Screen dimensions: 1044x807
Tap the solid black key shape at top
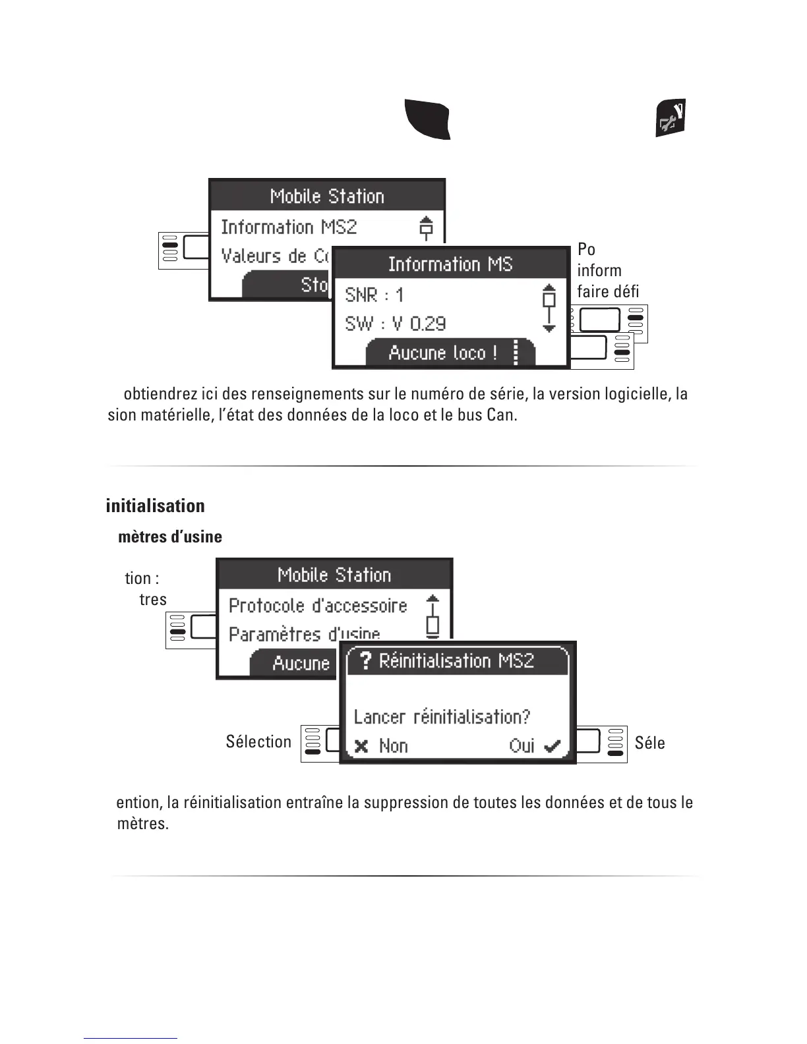click(x=427, y=119)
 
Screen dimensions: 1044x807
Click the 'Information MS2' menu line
click(x=289, y=227)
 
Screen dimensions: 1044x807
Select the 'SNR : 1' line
click(x=374, y=295)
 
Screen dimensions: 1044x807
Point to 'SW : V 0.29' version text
click(x=395, y=324)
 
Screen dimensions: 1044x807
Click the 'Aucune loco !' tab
click(x=442, y=353)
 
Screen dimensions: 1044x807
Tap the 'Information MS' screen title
click(x=450, y=264)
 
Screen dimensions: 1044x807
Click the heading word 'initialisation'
click(x=155, y=506)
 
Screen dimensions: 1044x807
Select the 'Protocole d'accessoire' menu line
click(x=318, y=606)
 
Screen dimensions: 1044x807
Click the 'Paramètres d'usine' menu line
click(x=304, y=634)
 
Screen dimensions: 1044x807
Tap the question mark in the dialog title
click(x=366, y=660)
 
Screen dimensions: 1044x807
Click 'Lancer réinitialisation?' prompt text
click(x=442, y=716)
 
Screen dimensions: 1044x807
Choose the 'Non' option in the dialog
click(x=394, y=746)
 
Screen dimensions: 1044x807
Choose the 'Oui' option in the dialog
click(x=522, y=746)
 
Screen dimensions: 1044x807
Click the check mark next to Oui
click(x=552, y=746)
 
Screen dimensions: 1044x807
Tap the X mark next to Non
click(x=361, y=746)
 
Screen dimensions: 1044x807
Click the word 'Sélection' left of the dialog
click(x=258, y=742)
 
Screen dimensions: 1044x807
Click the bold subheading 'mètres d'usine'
click(x=169, y=537)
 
